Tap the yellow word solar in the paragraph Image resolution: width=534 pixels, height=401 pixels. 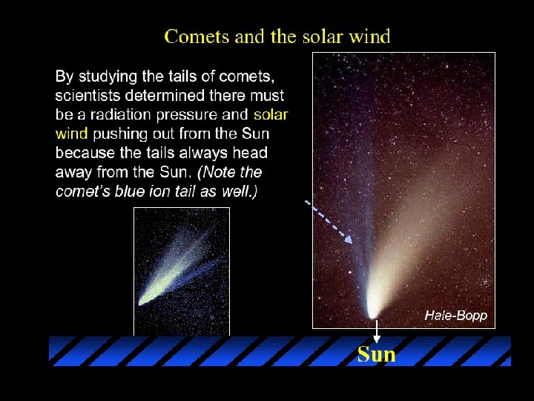click(x=271, y=114)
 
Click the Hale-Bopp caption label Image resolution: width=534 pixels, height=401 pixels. click(x=455, y=316)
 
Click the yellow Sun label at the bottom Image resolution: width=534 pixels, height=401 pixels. click(x=376, y=355)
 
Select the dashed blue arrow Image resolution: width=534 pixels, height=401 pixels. click(x=329, y=220)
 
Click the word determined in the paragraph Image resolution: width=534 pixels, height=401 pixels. click(x=168, y=95)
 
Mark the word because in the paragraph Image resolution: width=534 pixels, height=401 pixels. click(x=85, y=153)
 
